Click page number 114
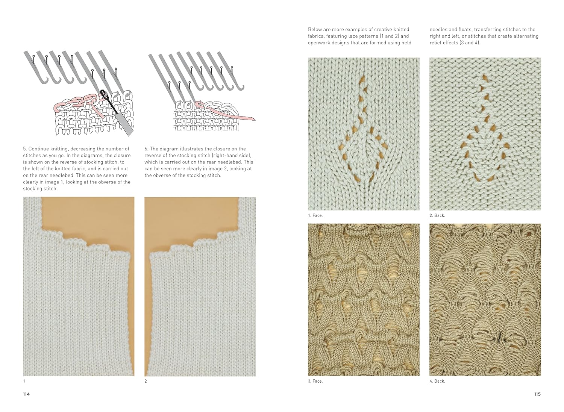(26, 394)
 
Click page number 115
(537, 394)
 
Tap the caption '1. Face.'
(315, 215)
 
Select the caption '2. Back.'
(437, 215)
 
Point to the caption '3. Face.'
(315, 381)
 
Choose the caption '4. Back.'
(437, 381)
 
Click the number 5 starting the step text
(24, 149)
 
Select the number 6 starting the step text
(146, 149)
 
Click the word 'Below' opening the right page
(315, 29)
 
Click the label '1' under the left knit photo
(24, 381)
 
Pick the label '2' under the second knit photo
(146, 381)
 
